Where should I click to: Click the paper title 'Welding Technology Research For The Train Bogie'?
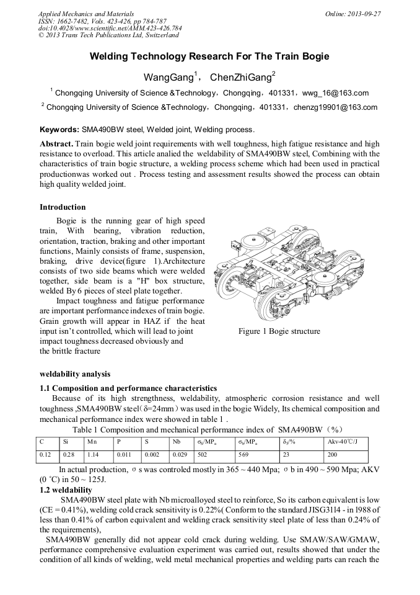tap(209, 56)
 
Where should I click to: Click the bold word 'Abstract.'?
tap(57, 144)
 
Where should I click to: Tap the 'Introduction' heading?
tap(63, 207)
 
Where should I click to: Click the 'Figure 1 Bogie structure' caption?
tap(279, 331)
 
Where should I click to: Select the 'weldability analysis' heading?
tap(75, 374)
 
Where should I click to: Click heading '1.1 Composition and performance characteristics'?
tap(128, 388)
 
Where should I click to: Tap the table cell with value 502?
tap(202, 454)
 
